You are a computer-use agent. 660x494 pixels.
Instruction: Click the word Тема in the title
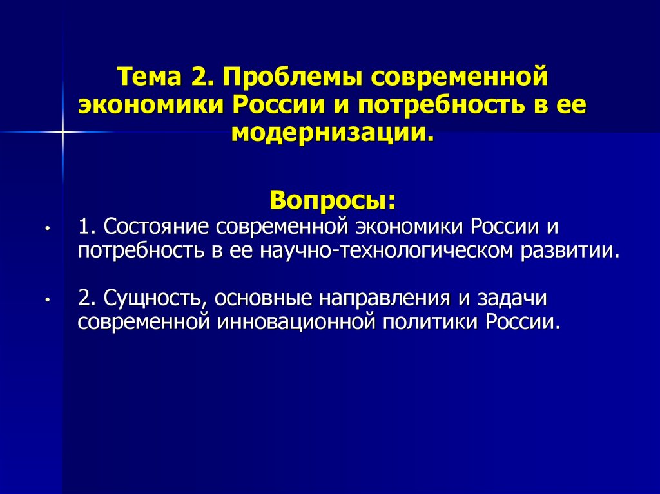click(x=150, y=77)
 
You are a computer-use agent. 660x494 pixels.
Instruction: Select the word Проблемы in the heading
click(x=292, y=77)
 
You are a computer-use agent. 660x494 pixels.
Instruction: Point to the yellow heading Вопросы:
click(x=333, y=200)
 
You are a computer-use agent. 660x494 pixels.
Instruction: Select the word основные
click(x=264, y=298)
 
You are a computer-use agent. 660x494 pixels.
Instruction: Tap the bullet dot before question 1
click(x=48, y=228)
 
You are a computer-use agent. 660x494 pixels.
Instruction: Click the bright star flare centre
click(x=63, y=132)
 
